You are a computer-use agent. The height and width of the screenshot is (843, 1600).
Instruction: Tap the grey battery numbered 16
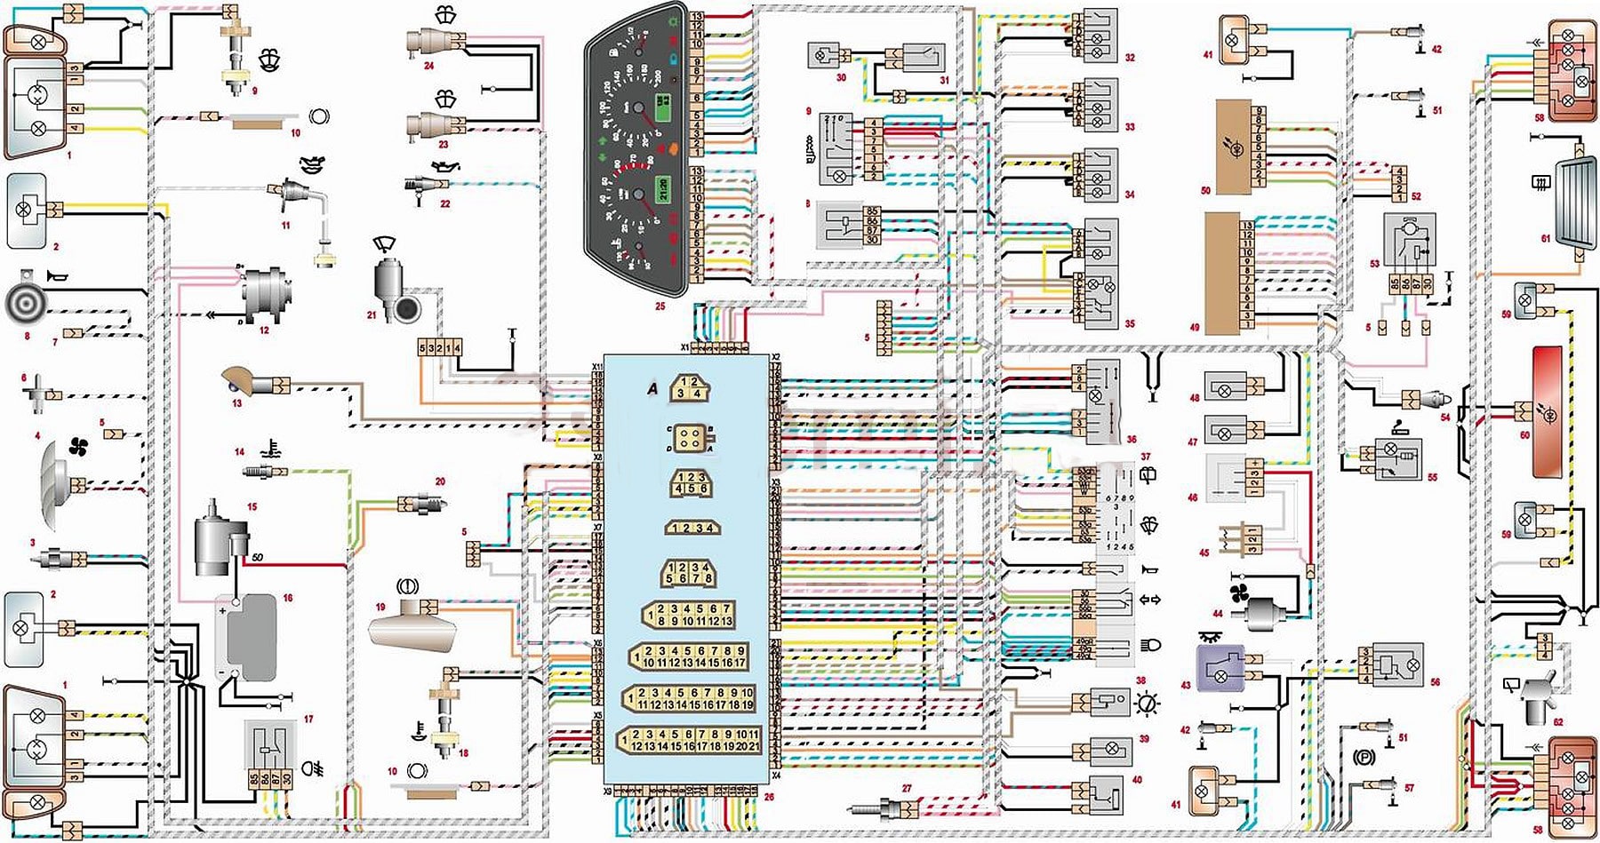click(x=251, y=638)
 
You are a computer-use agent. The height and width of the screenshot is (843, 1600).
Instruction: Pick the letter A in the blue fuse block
click(x=653, y=388)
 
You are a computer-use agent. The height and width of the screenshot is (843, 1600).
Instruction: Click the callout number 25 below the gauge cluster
click(x=660, y=306)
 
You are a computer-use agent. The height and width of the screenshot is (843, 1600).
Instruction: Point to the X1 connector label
click(x=685, y=346)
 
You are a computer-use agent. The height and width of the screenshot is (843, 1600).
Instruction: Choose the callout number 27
click(x=907, y=789)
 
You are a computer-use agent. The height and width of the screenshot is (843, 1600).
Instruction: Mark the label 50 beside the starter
click(x=258, y=557)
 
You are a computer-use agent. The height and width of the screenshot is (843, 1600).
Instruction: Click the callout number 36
click(x=1131, y=439)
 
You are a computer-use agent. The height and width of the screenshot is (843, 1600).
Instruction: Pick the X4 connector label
click(x=775, y=775)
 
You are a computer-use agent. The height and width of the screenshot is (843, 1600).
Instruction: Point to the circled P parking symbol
click(x=1362, y=757)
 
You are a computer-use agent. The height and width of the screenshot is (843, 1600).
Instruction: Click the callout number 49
click(x=1194, y=328)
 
